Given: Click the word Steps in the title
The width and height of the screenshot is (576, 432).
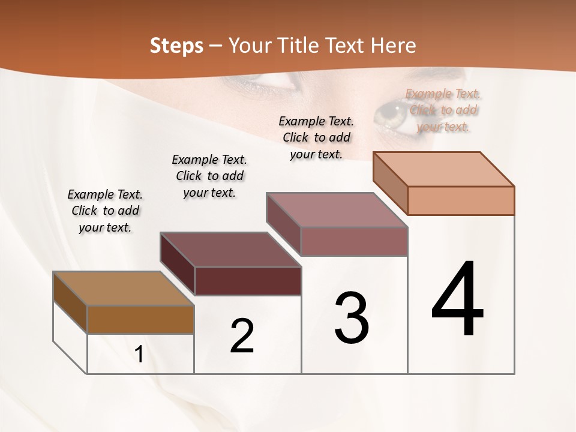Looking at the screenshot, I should (176, 46).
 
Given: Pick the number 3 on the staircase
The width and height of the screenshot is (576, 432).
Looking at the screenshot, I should (351, 317).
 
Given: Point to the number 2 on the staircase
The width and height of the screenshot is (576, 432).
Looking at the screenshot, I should (242, 336).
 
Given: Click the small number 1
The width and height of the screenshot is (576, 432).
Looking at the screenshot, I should (139, 354).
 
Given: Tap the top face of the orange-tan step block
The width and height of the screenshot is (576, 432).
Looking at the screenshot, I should (123, 289).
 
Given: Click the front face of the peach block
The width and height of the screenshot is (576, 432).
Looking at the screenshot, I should (461, 200).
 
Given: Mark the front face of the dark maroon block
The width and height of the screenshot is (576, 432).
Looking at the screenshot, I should (248, 281).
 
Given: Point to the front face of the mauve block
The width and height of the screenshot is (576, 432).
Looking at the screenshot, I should (354, 241).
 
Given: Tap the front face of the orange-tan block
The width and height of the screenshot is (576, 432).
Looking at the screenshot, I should (140, 319).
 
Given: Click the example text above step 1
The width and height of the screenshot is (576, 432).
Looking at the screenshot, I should (105, 211).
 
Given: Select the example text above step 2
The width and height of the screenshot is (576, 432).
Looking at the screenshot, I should (209, 176).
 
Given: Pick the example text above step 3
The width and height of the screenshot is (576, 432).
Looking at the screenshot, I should (316, 137).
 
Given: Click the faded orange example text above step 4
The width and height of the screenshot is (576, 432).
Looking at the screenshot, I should (443, 110).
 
